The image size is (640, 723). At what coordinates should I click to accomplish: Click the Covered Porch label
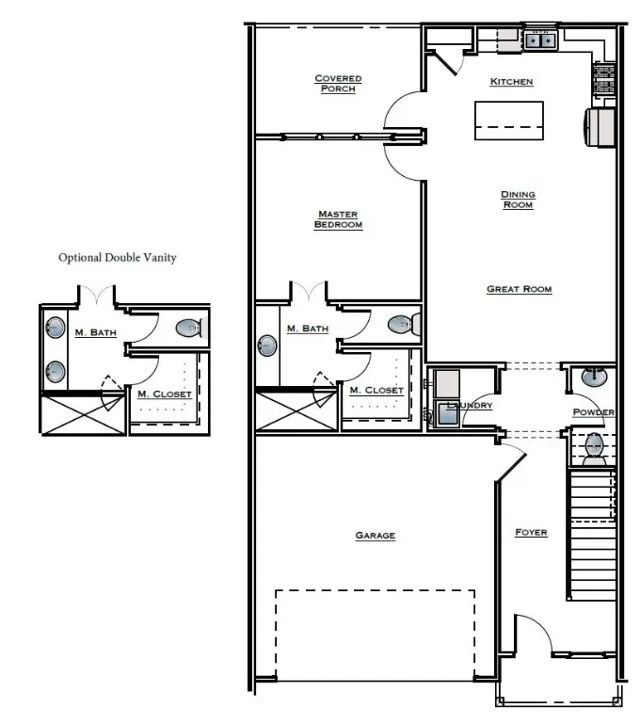click(x=338, y=84)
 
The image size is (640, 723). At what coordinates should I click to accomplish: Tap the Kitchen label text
click(x=511, y=82)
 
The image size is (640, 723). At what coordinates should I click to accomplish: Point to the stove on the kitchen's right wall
click(x=602, y=79)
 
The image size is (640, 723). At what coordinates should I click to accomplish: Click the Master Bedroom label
click(x=338, y=219)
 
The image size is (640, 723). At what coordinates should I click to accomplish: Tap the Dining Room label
click(x=517, y=200)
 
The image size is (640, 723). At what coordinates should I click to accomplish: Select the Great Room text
click(x=519, y=289)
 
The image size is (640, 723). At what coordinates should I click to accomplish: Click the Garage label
click(x=375, y=536)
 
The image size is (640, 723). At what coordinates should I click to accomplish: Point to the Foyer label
click(x=531, y=533)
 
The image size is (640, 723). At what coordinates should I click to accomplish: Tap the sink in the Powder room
click(x=594, y=378)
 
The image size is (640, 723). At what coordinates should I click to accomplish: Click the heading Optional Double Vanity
click(x=117, y=257)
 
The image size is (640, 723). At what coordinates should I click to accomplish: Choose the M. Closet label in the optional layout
click(x=165, y=394)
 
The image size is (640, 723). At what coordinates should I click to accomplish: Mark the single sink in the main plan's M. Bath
click(x=267, y=346)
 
